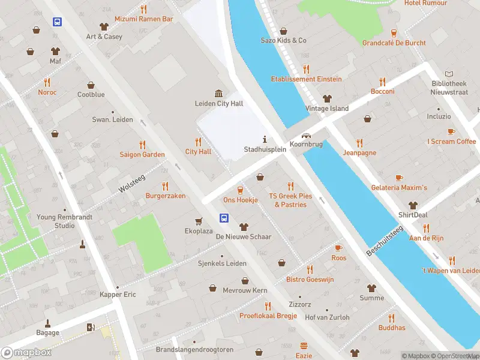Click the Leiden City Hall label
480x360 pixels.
219,104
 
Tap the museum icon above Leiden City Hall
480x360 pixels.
219,93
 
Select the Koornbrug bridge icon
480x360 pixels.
307,136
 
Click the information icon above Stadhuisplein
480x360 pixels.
265,139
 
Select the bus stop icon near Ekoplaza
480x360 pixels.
224,217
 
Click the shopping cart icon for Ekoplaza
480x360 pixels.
198,221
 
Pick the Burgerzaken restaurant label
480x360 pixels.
166,196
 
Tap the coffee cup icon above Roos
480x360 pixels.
338,248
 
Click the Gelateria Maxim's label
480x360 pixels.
399,188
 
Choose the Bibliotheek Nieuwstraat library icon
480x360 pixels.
448,72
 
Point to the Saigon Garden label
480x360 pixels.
142,155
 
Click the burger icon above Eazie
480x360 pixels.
304,346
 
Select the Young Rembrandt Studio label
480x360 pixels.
56,221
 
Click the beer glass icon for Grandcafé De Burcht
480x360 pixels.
394,33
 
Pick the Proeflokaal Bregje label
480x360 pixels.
268,316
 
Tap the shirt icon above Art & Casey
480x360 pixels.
104,26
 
